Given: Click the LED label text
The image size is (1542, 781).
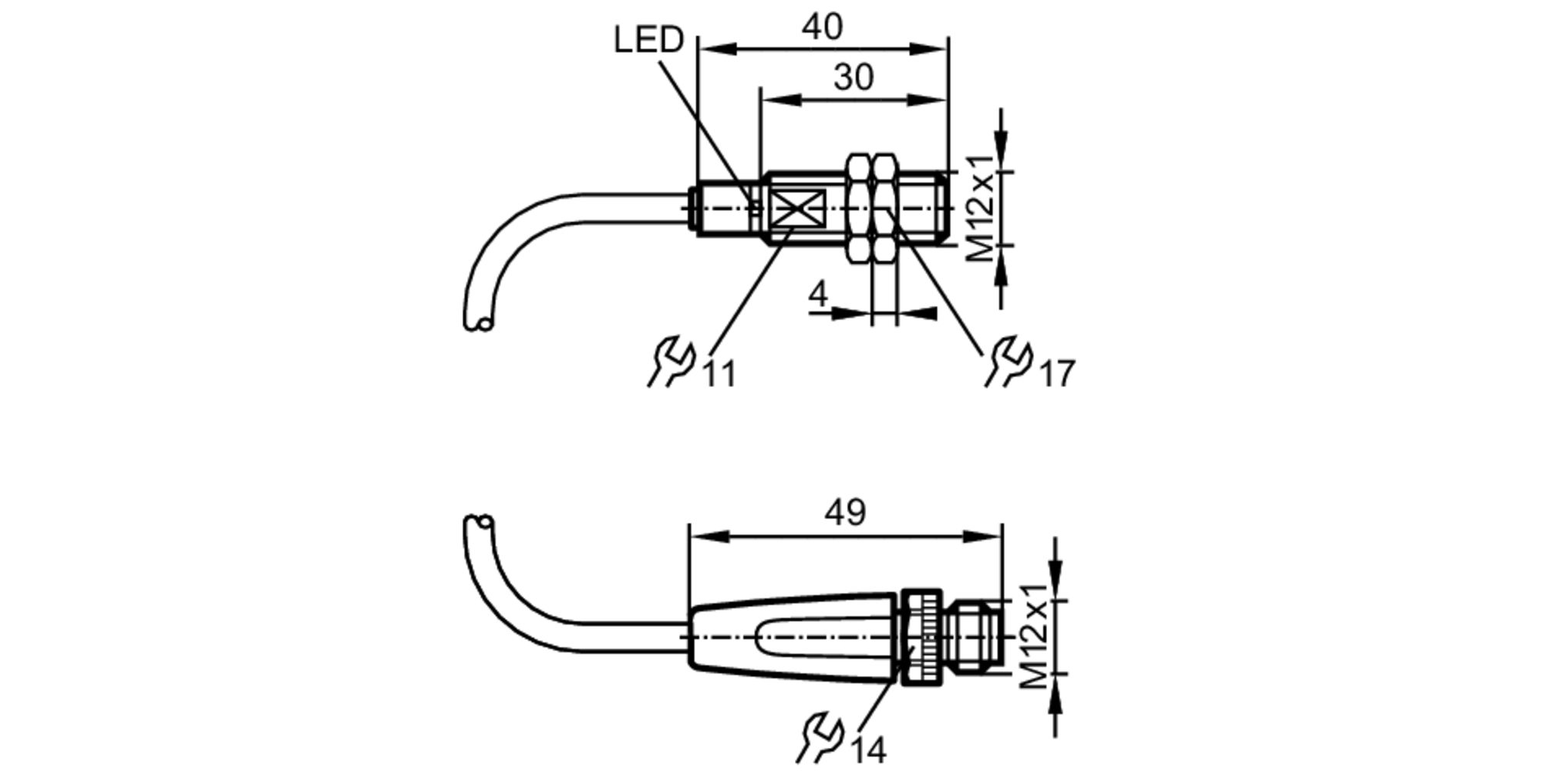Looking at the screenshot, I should pos(648,39).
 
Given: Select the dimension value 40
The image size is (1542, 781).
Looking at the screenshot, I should pos(822,27).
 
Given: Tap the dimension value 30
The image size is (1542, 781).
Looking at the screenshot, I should pos(853,78).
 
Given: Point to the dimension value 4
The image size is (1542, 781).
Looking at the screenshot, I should pos(818,295).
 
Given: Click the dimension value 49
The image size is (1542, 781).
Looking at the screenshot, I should pos(845,512).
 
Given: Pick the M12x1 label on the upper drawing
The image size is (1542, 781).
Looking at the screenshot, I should pos(981,207).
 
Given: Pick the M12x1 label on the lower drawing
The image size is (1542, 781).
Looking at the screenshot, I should pos(1033,636).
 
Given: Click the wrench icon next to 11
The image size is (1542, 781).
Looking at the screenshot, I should pos(671,361).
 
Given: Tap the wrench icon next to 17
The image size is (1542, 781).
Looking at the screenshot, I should pos(1008,361).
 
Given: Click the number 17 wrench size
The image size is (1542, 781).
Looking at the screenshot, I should pos(1057,375).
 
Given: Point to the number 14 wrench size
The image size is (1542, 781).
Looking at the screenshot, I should pos(869,750).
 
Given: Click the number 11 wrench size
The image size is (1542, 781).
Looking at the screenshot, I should pos(719,375).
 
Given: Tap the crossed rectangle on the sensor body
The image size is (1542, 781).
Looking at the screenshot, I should pos(799,207).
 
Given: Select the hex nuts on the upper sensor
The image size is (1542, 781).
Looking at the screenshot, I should pos(872,207).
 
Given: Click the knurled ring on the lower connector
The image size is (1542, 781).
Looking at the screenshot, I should pos(922,637).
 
